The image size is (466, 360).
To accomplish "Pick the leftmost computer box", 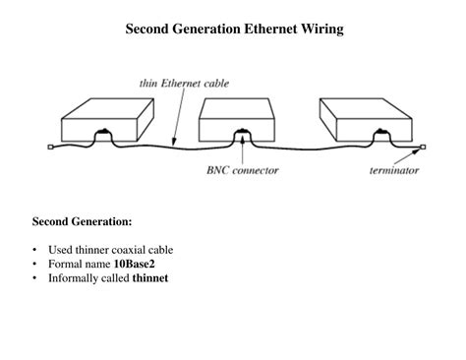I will (104, 118).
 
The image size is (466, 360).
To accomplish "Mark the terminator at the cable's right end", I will (424, 150).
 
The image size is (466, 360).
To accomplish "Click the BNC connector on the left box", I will (103, 137).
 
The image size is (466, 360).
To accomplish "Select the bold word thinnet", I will (150, 277).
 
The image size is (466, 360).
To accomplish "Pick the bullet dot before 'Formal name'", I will (35, 264).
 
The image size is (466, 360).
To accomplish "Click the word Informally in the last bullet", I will (74, 277).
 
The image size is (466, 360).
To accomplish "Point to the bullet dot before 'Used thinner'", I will (35, 250).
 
